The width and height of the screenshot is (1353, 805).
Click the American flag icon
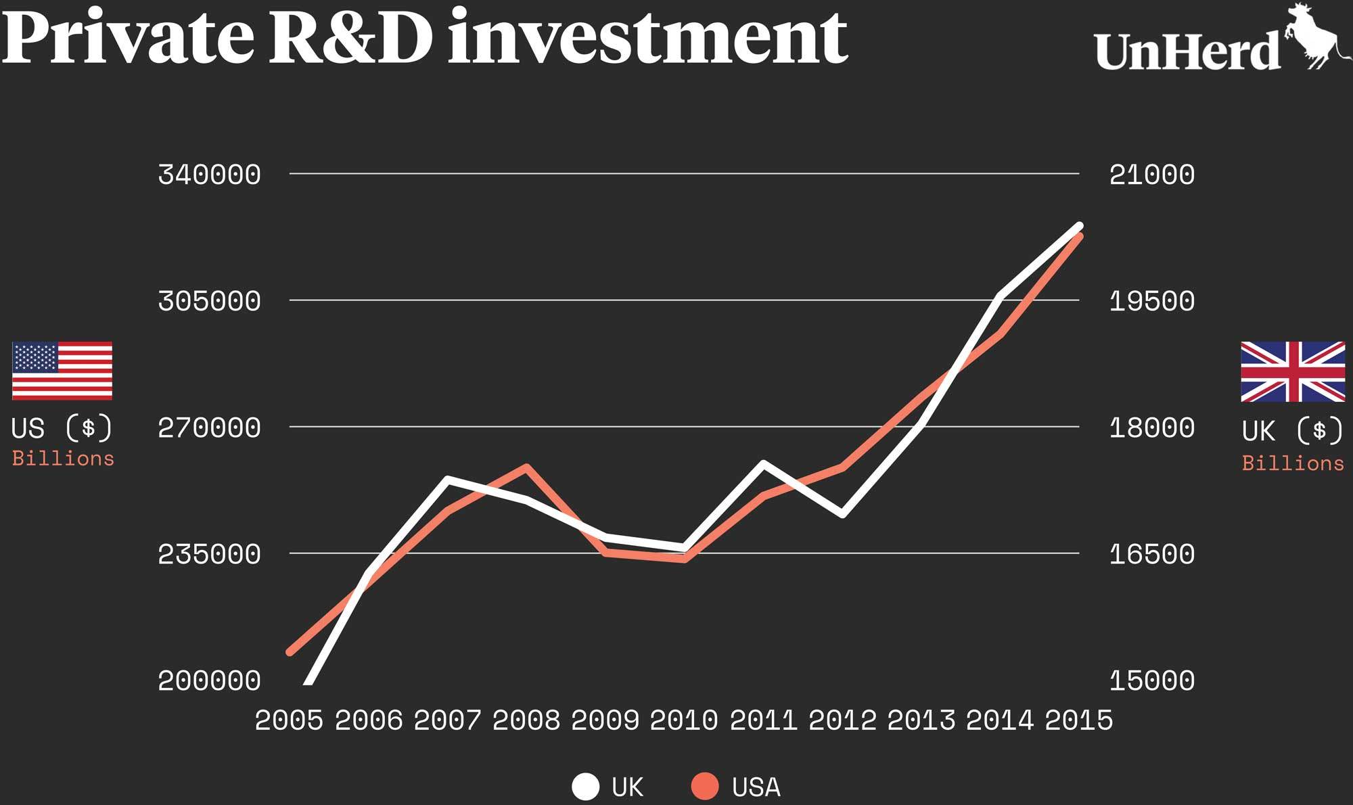[62, 371]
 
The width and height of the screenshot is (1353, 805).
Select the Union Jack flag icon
[1292, 371]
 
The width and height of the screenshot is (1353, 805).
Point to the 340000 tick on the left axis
[209, 175]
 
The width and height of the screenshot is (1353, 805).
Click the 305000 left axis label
[209, 300]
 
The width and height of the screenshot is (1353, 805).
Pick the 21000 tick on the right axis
[1151, 175]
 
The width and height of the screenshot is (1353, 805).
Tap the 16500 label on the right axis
[1151, 554]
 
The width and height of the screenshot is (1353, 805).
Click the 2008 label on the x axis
[526, 720]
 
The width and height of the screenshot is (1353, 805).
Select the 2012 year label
[842, 720]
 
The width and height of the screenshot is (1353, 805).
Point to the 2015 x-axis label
[1078, 720]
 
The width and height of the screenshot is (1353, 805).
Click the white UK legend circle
[585, 787]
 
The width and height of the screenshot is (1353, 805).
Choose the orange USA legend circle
[705, 787]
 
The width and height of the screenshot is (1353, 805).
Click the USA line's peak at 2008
[526, 467]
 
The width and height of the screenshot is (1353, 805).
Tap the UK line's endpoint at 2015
[1079, 226]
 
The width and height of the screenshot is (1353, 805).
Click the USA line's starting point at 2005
[290, 651]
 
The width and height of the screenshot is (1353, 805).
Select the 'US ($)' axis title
[62, 428]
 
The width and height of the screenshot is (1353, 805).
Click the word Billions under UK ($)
[1293, 463]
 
